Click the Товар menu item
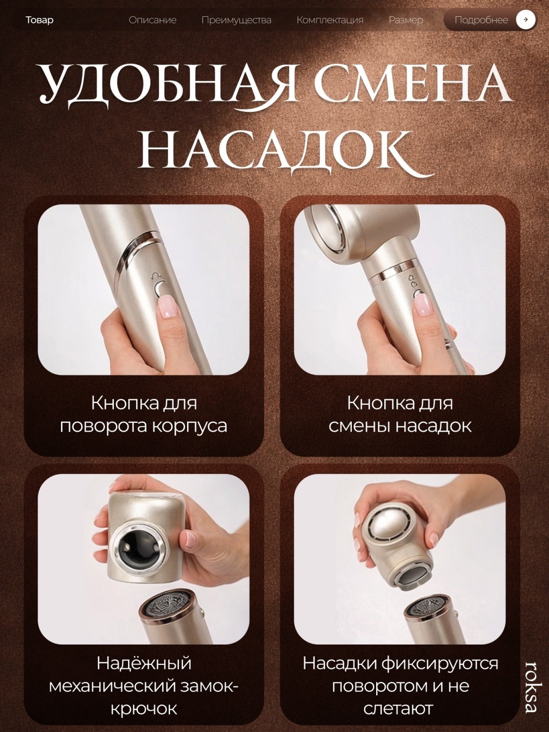coord(39,20)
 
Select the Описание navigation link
coord(152,20)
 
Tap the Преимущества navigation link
coord(236,20)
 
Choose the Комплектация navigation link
coord(330,20)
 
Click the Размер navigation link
coord(406,20)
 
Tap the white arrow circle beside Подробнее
coord(526,20)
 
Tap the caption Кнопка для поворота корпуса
coord(144,414)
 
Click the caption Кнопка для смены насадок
coord(400,414)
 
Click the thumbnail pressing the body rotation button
coord(144,289)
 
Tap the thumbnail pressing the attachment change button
coord(400,289)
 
